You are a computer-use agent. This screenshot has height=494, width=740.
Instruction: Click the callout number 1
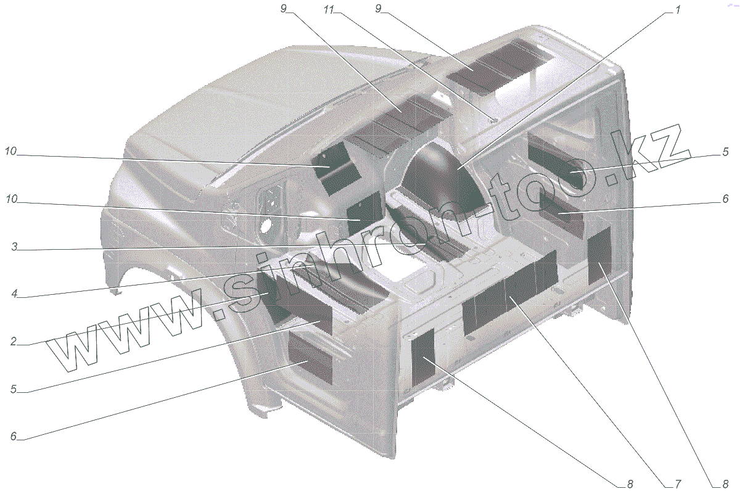coord(678,10)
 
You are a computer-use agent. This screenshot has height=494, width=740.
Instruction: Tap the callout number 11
coord(329,10)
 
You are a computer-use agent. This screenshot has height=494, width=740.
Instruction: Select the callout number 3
coord(14,247)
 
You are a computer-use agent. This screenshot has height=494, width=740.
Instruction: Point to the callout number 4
coord(14,294)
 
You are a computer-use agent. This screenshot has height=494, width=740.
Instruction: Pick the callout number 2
coord(13,341)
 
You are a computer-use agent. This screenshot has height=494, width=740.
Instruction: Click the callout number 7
coord(678,484)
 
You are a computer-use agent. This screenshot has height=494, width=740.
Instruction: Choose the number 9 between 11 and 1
coord(379,9)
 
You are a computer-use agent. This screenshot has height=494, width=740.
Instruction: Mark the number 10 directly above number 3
coord(12,199)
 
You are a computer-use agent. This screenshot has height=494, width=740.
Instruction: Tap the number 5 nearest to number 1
coord(725,152)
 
